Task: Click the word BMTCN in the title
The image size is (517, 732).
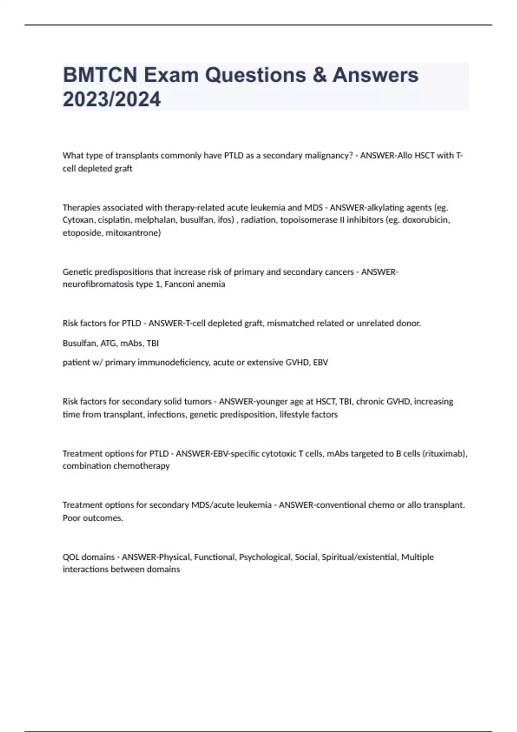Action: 100,75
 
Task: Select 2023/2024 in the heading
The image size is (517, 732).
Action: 112,99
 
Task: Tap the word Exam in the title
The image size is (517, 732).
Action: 171,75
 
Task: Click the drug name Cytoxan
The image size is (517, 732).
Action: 78,220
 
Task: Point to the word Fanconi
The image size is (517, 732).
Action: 179,284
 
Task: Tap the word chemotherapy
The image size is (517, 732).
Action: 141,466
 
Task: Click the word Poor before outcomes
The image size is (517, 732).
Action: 71,518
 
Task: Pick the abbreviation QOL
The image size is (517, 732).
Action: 71,557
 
